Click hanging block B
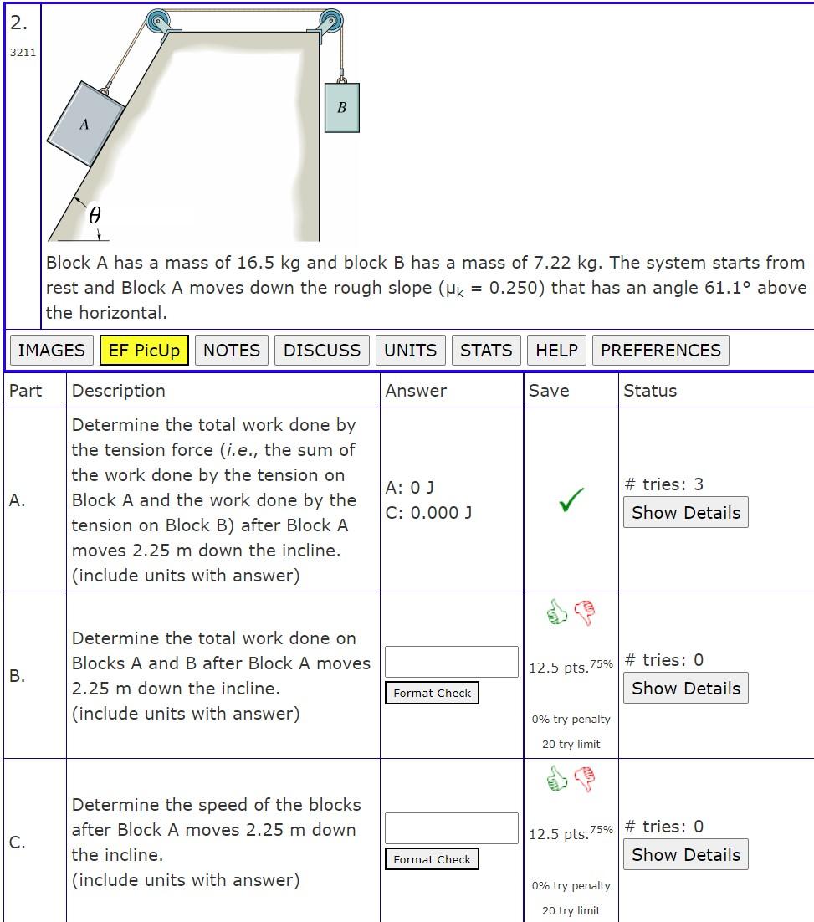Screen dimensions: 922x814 point(341,107)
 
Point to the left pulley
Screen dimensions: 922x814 point(158,22)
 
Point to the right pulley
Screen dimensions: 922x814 point(330,21)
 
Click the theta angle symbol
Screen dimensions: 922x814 point(95,217)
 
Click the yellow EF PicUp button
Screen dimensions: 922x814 point(144,350)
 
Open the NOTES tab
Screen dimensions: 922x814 point(232,350)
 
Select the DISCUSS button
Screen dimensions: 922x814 point(322,350)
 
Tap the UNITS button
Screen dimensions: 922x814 point(410,350)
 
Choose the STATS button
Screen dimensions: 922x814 point(486,350)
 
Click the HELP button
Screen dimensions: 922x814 point(556,350)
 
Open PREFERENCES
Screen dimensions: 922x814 point(660,350)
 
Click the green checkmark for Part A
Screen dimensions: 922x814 point(571,499)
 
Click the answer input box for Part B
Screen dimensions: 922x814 point(451,661)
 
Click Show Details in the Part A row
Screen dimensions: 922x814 point(685,513)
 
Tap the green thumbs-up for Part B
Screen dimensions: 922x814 point(556,613)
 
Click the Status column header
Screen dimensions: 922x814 point(650,391)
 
